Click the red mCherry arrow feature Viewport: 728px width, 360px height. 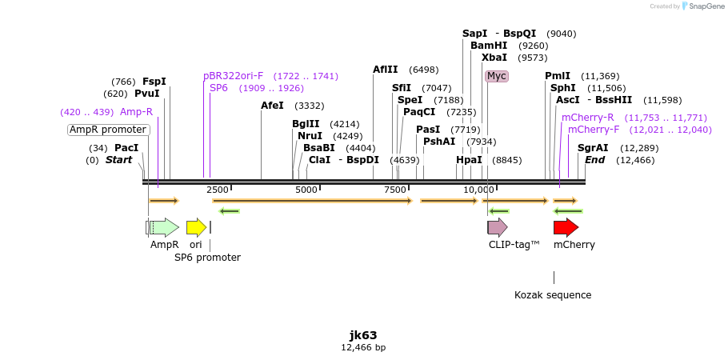pos(565,227)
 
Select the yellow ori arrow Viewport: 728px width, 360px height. pos(196,227)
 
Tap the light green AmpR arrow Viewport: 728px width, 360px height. pos(164,227)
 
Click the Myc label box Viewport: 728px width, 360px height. pos(497,76)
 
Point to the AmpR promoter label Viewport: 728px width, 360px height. pos(108,130)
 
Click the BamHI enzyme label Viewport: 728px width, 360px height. pos(489,46)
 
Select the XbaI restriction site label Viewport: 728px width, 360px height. pos(494,58)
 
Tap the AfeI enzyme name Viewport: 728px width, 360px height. pos(272,106)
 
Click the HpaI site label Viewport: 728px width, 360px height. pos(470,160)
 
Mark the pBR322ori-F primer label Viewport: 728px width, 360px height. pos(234,76)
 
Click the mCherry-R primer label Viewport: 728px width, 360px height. pos(588,118)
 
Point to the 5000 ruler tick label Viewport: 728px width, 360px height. pos(307,190)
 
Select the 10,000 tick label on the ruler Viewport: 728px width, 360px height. pos(478,190)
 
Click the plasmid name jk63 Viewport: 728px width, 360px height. pos(363,335)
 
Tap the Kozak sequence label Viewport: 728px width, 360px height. pos(553,295)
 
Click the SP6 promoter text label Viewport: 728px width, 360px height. pos(207,258)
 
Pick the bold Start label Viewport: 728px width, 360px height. pos(118,160)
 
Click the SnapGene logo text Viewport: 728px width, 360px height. pos(705,6)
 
